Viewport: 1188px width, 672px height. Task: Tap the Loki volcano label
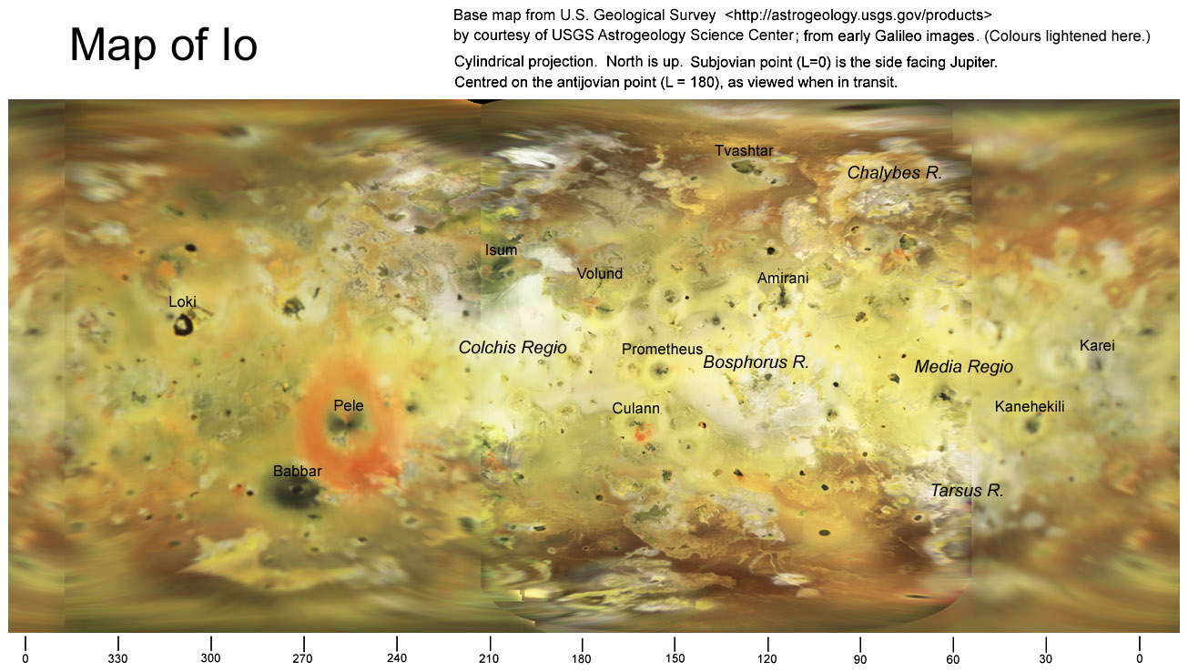[182, 302]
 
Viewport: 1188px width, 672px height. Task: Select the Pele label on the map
[349, 405]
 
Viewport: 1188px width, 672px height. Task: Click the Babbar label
[298, 471]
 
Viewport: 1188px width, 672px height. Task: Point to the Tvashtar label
[744, 150]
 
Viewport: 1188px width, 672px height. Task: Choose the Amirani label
[783, 278]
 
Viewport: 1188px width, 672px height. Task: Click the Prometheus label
[662, 349]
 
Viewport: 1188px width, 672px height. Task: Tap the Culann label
[635, 409]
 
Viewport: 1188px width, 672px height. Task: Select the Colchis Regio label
[513, 347]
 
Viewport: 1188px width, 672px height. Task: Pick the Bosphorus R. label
[756, 361]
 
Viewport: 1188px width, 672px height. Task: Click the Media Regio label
[963, 367]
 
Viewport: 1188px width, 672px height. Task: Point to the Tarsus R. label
[966, 490]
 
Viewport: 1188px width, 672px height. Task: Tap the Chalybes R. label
[894, 172]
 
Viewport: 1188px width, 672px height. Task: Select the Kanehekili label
[1030, 406]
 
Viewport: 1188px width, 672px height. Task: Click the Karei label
[1097, 345]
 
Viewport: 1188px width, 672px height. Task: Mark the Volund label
[600, 273]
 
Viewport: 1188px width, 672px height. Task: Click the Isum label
[501, 250]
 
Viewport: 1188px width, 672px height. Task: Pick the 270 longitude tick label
[303, 658]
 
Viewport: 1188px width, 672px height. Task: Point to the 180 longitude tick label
[582, 658]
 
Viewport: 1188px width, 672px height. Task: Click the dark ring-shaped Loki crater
[186, 324]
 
